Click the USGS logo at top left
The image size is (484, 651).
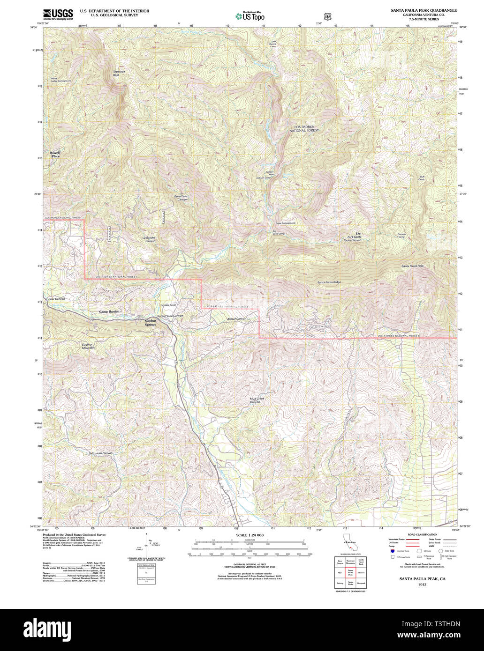(x=58, y=15)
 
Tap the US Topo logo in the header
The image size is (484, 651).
(x=250, y=16)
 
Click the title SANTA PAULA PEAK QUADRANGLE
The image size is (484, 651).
(x=424, y=10)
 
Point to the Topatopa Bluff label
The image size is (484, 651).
(x=119, y=74)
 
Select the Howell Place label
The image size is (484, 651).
(x=55, y=155)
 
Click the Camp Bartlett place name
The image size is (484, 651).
(x=109, y=311)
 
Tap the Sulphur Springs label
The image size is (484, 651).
(x=150, y=323)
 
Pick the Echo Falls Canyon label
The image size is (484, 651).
(x=181, y=198)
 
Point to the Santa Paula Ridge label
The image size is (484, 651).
(x=329, y=282)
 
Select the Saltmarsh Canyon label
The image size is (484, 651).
(x=100, y=453)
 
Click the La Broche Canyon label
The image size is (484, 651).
(x=149, y=239)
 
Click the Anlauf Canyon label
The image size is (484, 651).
(x=236, y=319)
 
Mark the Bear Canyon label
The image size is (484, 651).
(x=56, y=298)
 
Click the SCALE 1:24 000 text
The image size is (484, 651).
(x=250, y=535)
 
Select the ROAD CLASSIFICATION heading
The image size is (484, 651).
(x=422, y=534)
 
